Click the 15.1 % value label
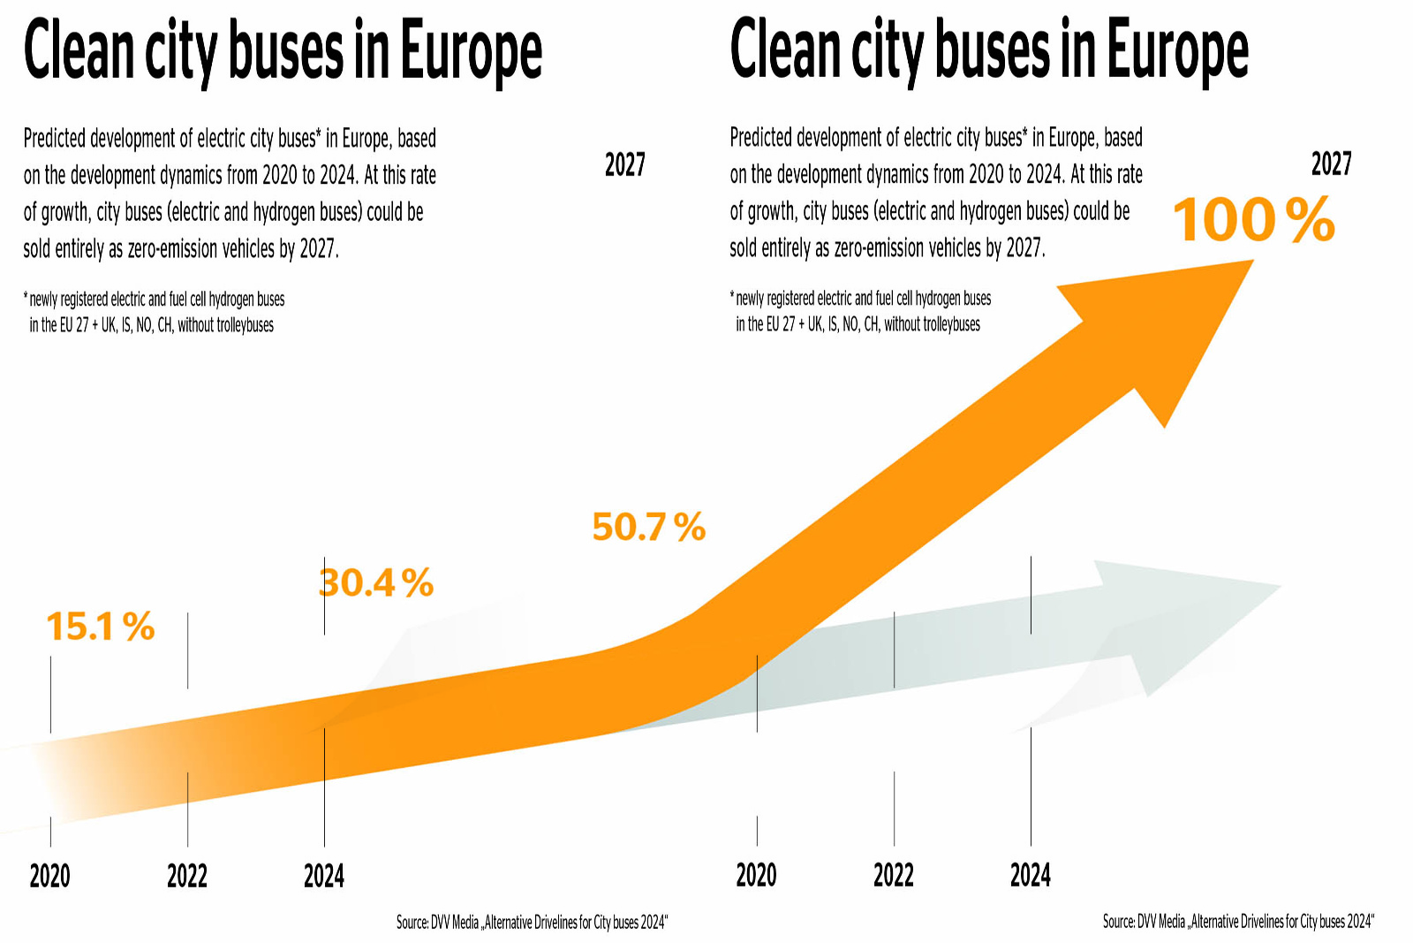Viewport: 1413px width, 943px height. pyautogui.click(x=100, y=627)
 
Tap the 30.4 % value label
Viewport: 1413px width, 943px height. pyautogui.click(x=376, y=583)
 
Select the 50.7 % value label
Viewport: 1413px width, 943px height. pyautogui.click(x=648, y=527)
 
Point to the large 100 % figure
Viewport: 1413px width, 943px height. pyautogui.click(x=1253, y=219)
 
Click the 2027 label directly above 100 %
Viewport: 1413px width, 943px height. pyautogui.click(x=1331, y=164)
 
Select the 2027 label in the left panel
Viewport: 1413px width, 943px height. pyautogui.click(x=624, y=164)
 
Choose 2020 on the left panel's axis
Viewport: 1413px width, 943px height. pyautogui.click(x=49, y=876)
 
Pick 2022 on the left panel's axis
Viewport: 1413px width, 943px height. pyautogui.click(x=186, y=876)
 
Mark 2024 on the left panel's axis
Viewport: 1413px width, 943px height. pyautogui.click(x=324, y=876)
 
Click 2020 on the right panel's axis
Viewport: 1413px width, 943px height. pyautogui.click(x=756, y=875)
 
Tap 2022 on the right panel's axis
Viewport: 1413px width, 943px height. pyautogui.click(x=893, y=875)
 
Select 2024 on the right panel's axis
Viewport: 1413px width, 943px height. pyautogui.click(x=1031, y=875)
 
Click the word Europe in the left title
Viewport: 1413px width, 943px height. pyautogui.click(x=472, y=51)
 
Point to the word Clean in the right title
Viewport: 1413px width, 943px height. pyautogui.click(x=784, y=49)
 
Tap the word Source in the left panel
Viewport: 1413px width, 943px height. pyautogui.click(x=412, y=923)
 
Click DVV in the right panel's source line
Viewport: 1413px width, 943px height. pyautogui.click(x=1148, y=922)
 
